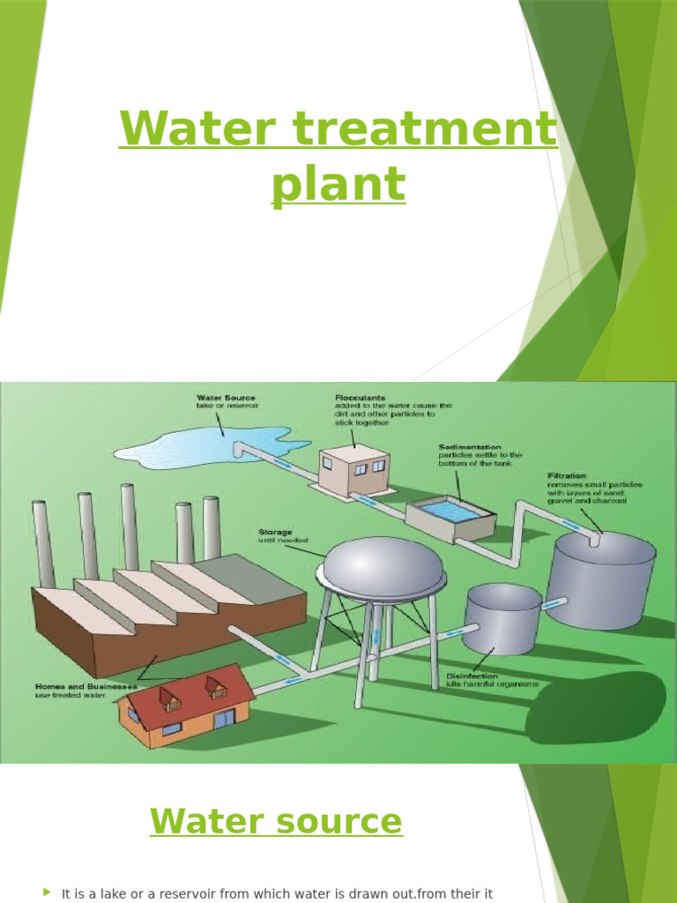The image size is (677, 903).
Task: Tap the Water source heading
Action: [x=276, y=822]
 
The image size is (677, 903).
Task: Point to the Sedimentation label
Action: [x=471, y=447]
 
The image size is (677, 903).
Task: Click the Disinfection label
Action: [x=472, y=675]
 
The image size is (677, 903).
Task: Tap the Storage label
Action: [x=275, y=532]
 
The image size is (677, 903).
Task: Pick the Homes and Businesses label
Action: [x=86, y=685]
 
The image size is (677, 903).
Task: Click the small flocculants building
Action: [x=354, y=468]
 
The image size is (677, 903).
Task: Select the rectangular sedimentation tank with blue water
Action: [x=450, y=516]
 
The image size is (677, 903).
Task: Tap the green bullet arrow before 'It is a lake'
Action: [x=47, y=892]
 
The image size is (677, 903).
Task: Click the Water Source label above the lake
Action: [x=226, y=398]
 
